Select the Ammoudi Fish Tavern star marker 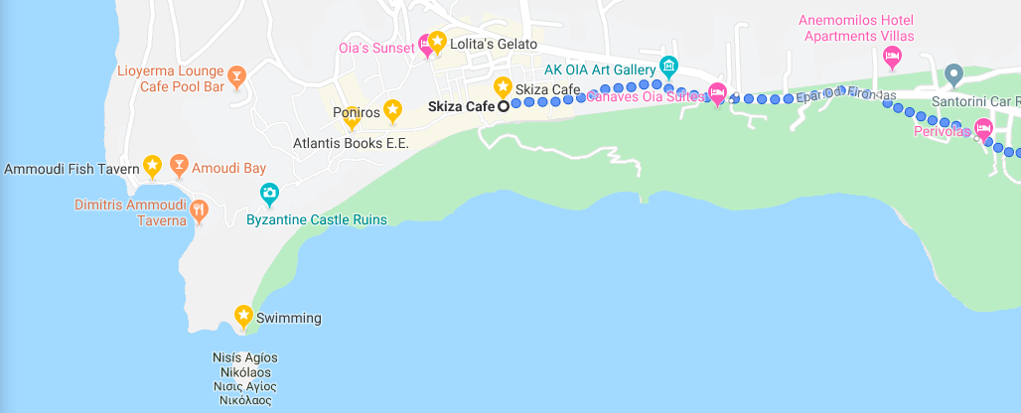pos(152,164)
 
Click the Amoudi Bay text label pos(228,168)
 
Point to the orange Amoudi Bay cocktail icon pos(179,163)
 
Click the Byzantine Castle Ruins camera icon pos(269,193)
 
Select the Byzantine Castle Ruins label pos(316,219)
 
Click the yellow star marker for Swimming pos(243,315)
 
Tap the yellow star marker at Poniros pos(393,108)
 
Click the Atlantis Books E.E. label pos(351,144)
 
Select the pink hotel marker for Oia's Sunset pos(425,43)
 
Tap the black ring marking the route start pos(504,106)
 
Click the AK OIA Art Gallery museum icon pos(668,66)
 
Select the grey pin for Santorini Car pos(953,72)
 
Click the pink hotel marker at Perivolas pos(983,128)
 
